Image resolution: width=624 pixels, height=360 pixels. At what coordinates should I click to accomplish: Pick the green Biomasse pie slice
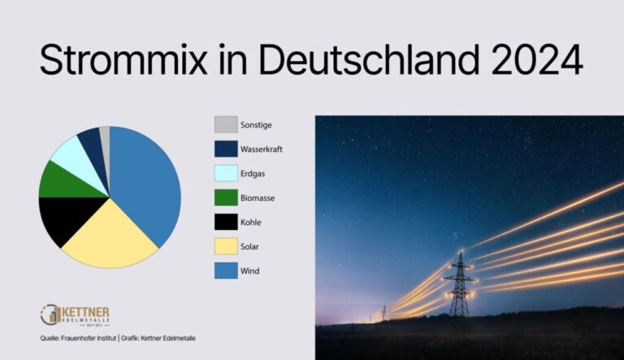[x=58, y=180]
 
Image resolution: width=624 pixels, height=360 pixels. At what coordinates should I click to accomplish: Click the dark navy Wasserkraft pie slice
[x=91, y=140]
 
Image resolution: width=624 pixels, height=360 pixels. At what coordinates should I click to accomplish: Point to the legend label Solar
[x=251, y=247]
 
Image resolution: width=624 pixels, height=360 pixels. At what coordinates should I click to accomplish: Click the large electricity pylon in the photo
[x=460, y=288]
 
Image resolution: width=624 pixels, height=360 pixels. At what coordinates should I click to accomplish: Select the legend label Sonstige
[x=256, y=124]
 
